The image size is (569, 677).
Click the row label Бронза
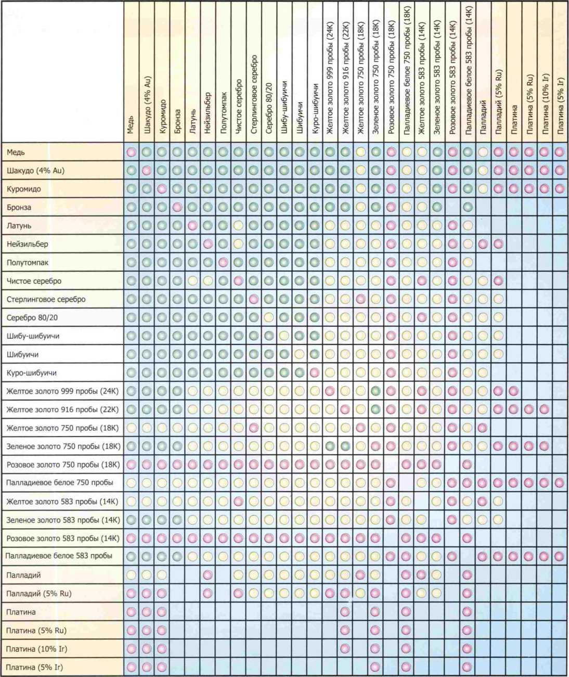[x=19, y=207]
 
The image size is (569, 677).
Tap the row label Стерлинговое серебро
[x=46, y=299]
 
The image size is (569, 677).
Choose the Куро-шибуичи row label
[x=31, y=373]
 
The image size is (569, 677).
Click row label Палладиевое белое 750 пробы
[x=60, y=482]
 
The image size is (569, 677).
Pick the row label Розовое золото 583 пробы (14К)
[x=63, y=539]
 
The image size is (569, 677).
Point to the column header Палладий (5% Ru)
[x=498, y=102]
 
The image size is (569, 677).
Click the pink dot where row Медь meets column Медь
[x=132, y=152]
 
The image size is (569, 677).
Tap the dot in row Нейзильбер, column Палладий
[x=483, y=244]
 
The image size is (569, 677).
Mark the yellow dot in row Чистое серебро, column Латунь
[x=192, y=281]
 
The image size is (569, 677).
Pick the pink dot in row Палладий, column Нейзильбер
[x=208, y=575]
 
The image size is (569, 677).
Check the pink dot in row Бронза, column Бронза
[x=177, y=207]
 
